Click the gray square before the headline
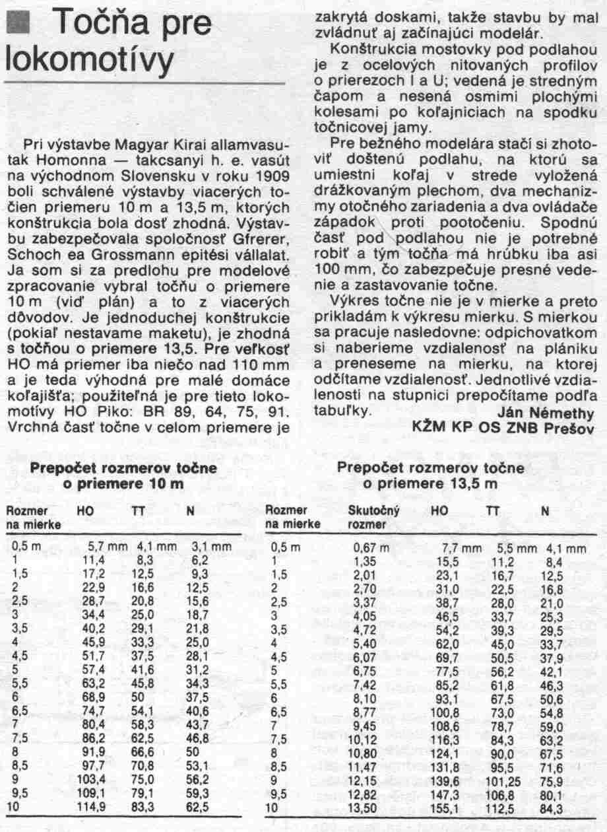[19, 24]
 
